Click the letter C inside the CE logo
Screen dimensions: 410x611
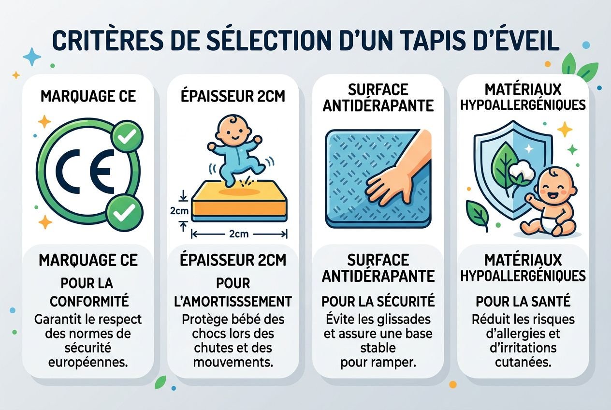(x=71, y=172)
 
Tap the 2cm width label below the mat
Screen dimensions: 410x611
(x=239, y=234)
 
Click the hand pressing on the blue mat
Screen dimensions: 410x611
(x=396, y=174)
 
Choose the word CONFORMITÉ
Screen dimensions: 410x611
(x=89, y=301)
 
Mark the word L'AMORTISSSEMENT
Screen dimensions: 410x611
(x=233, y=301)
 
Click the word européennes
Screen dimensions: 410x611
(x=89, y=362)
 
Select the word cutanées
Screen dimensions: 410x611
(x=523, y=362)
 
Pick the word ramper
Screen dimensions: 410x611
(x=393, y=362)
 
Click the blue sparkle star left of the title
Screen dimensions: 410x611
(x=32, y=57)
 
